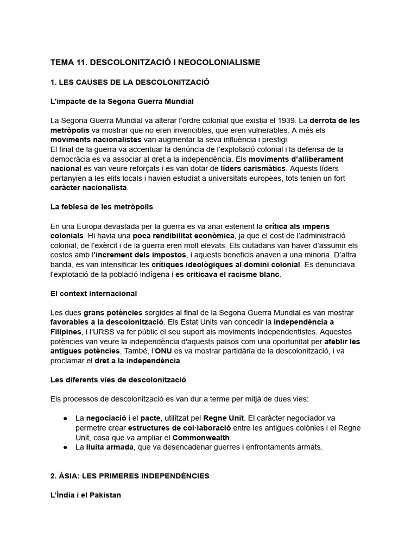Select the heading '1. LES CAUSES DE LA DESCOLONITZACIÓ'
(130, 82)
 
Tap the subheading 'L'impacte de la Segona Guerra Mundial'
(122, 101)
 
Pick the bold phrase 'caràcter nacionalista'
(89, 187)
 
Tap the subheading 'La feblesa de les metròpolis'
(102, 207)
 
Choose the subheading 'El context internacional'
(93, 293)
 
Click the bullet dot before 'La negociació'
(66, 418)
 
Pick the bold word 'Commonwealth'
(201, 437)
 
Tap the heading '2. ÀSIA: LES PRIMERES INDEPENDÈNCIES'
(130, 476)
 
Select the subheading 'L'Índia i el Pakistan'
(86, 495)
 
